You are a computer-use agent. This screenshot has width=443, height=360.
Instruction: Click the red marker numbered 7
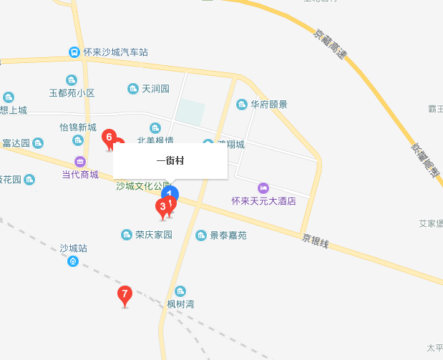point(125,293)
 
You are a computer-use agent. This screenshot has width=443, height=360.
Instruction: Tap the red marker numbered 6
point(109,136)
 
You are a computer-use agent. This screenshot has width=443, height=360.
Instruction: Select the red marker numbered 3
point(162,207)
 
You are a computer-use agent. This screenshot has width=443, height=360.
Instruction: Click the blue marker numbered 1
point(170,193)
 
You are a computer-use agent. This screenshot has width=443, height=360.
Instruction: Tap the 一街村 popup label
point(170,161)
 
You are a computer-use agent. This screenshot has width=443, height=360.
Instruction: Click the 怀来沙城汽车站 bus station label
point(115,52)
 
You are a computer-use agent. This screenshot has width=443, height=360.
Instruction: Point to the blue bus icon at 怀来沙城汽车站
point(74,52)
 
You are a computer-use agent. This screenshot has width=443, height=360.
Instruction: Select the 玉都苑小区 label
point(72,93)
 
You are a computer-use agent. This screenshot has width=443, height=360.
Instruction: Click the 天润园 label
point(155,89)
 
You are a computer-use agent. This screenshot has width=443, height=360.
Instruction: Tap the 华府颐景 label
point(268,104)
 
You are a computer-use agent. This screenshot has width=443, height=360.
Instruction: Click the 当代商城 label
point(80,174)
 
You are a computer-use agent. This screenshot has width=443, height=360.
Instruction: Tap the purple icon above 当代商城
point(79,161)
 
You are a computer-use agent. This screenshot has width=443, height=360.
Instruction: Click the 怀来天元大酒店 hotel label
point(263,201)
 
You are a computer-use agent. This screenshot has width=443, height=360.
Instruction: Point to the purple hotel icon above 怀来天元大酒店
point(263,188)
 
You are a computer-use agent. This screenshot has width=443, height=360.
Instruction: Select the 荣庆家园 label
point(154,235)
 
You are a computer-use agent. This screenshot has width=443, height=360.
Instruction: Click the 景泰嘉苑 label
point(228,235)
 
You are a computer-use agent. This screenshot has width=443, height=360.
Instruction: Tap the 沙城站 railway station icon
point(73,261)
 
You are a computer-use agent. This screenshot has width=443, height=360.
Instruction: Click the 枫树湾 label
point(180,304)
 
